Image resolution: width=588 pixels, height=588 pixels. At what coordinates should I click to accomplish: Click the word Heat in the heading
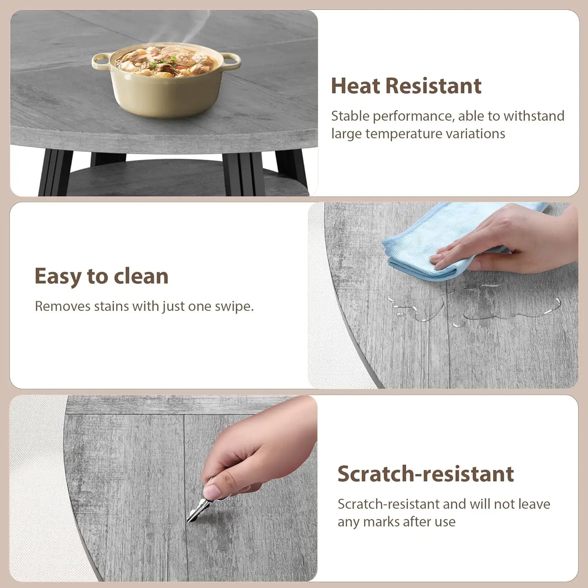coord(355,86)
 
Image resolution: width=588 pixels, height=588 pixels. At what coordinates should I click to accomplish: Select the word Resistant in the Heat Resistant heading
coord(433,86)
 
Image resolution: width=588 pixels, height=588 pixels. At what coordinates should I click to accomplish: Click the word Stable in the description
coord(350,116)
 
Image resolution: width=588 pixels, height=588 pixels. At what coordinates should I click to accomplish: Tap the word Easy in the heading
coord(58,276)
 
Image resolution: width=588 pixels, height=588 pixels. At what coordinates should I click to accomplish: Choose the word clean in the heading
coord(141,276)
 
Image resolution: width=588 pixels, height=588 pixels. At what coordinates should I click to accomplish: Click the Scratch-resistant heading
coord(425,474)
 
